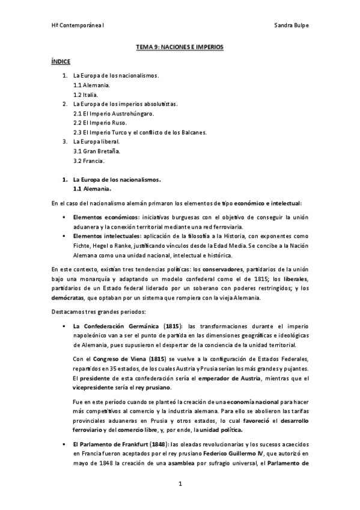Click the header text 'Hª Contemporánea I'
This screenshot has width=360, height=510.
coord(78,26)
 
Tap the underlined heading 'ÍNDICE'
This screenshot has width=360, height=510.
coord(61,62)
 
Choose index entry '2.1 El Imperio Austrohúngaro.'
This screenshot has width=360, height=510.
coord(114,114)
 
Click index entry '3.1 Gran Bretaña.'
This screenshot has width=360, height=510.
coord(97,152)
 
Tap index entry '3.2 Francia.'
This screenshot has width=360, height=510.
coord(89,161)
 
